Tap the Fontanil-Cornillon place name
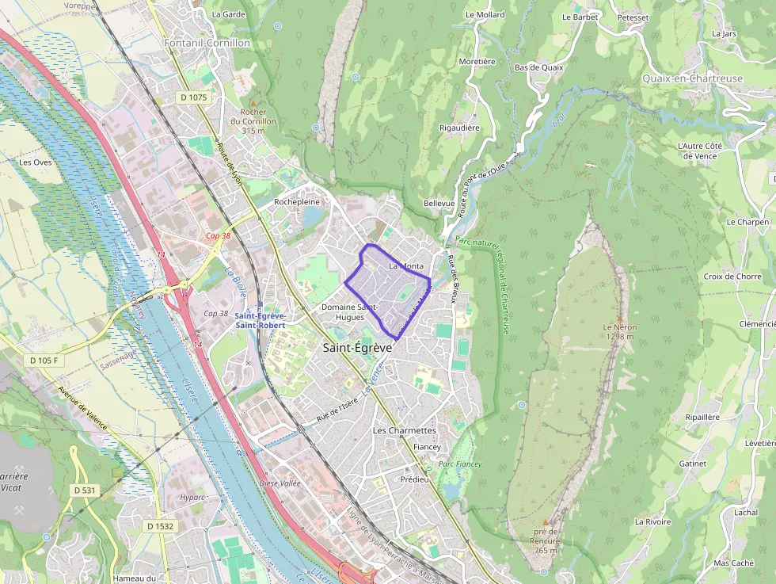click(x=207, y=43)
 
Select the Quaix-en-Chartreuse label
click(x=693, y=78)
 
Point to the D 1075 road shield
click(x=192, y=97)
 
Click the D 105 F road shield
click(x=44, y=361)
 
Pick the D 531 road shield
click(x=84, y=490)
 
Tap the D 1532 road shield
click(x=160, y=526)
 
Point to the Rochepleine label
click(x=296, y=202)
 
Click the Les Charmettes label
click(x=404, y=430)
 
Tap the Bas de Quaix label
click(x=538, y=67)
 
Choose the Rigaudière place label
click(x=459, y=128)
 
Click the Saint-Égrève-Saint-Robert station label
click(x=260, y=320)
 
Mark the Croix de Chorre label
click(x=732, y=277)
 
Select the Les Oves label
click(x=35, y=162)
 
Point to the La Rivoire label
click(x=652, y=521)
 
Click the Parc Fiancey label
click(x=459, y=464)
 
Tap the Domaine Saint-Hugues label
click(x=350, y=311)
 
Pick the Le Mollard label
click(x=485, y=14)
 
